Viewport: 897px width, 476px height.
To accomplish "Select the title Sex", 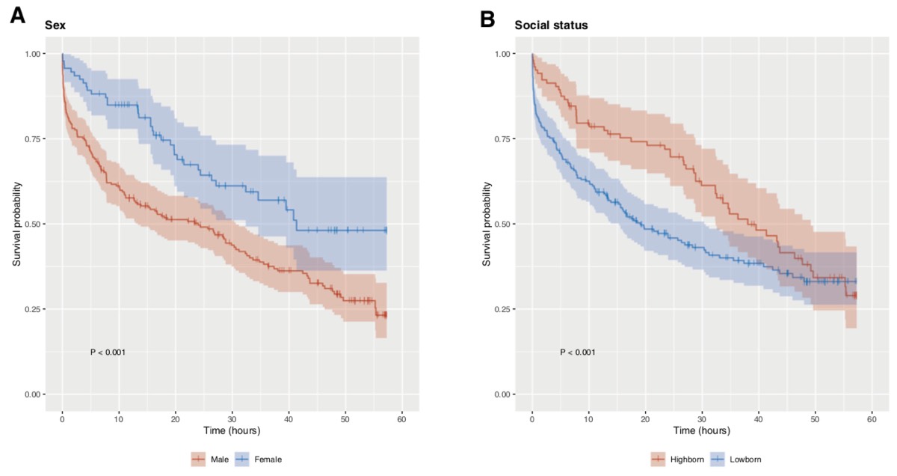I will pos(55,25).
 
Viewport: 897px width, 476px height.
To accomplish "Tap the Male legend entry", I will pos(216,459).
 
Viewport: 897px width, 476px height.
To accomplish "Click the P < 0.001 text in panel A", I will pos(108,352).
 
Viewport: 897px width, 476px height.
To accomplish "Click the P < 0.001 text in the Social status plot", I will pos(578,352).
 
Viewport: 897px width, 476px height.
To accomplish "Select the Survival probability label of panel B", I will pos(487,224).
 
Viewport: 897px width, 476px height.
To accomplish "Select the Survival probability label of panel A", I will pos(17,224).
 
